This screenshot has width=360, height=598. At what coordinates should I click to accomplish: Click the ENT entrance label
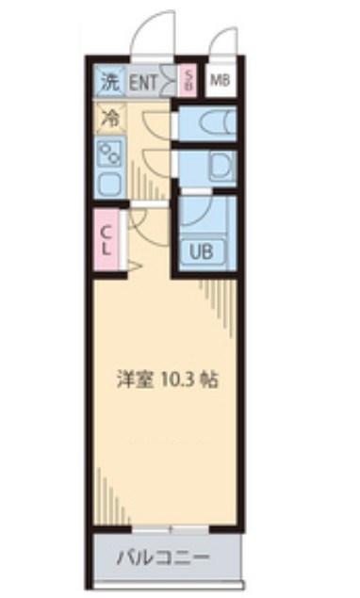pyautogui.click(x=144, y=82)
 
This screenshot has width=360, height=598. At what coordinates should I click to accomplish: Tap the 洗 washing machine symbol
pyautogui.click(x=110, y=82)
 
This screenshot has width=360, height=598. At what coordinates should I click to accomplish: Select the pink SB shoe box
pyautogui.click(x=188, y=81)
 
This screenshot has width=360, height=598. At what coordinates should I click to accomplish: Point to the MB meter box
pyautogui.click(x=220, y=81)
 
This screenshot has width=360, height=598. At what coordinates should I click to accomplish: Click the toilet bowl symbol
pyautogui.click(x=211, y=122)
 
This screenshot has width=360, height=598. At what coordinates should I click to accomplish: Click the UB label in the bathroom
pyautogui.click(x=202, y=251)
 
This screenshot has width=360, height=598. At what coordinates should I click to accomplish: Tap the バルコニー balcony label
pyautogui.click(x=162, y=557)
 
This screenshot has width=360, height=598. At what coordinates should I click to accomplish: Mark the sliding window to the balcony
pyautogui.click(x=170, y=530)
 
